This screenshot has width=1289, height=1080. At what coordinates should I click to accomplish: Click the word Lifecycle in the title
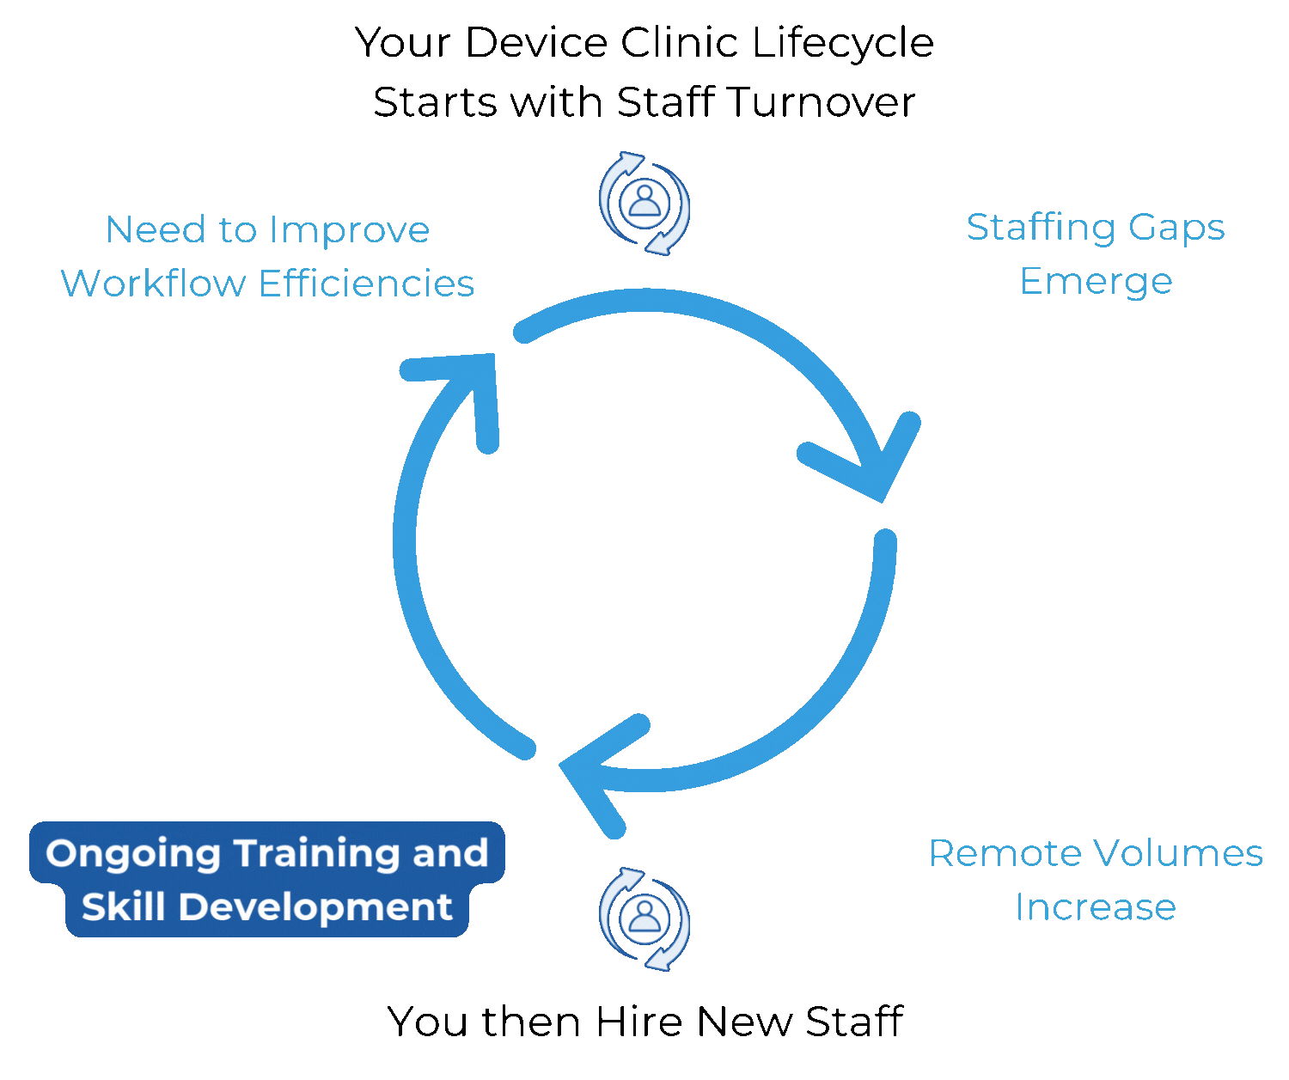click(x=842, y=43)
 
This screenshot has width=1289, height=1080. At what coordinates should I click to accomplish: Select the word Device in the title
click(x=536, y=43)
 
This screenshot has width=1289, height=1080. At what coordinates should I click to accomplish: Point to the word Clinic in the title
click(x=679, y=43)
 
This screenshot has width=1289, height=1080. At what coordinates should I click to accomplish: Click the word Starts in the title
click(x=436, y=102)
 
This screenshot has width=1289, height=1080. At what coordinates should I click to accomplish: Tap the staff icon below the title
click(x=644, y=204)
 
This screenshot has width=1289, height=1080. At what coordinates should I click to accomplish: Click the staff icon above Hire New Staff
click(x=644, y=918)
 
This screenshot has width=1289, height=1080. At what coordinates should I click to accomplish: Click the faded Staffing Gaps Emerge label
click(x=1096, y=253)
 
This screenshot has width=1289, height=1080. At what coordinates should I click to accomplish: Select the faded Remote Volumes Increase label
click(x=1096, y=880)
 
